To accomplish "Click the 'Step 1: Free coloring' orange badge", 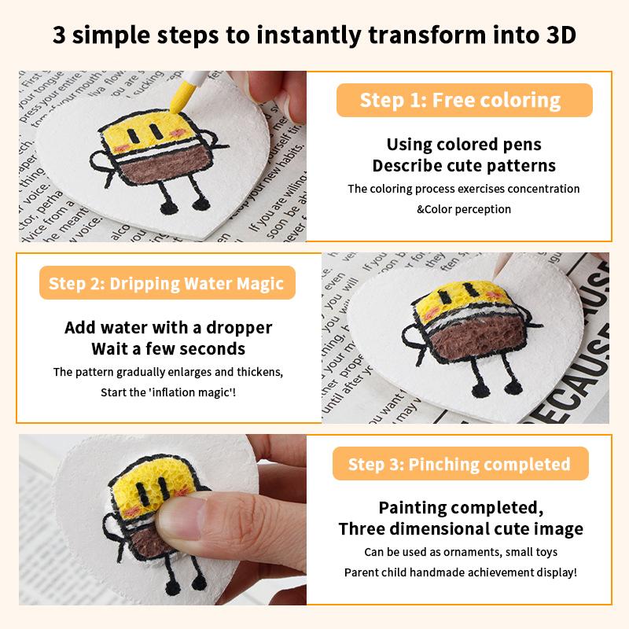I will pyautogui.click(x=460, y=101).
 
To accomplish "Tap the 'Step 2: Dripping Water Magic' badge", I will pyautogui.click(x=166, y=283).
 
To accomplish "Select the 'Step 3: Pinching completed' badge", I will pyautogui.click(x=459, y=464).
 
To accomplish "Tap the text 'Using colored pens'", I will pyautogui.click(x=464, y=145).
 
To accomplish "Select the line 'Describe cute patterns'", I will pyautogui.click(x=464, y=166).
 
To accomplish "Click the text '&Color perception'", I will pyautogui.click(x=464, y=209).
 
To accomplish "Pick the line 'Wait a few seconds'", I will pyautogui.click(x=168, y=348).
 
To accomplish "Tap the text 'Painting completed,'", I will pyautogui.click(x=461, y=507).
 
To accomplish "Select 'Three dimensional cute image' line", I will pyautogui.click(x=461, y=528).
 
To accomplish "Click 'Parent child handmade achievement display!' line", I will pyautogui.click(x=461, y=572).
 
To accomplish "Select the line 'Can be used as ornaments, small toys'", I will pyautogui.click(x=461, y=552).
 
